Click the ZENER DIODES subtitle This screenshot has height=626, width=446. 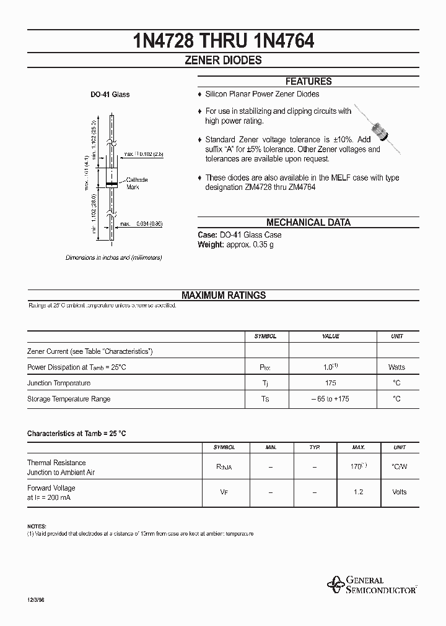tap(224, 61)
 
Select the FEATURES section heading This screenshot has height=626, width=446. tap(308, 81)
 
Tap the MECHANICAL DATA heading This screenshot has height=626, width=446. tap(308, 223)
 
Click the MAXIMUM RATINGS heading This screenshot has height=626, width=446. tap(224, 296)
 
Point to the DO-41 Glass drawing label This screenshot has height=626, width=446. tap(110, 95)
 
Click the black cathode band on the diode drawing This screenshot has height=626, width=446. tap(111, 184)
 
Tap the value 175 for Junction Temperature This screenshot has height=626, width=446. tap(331, 383)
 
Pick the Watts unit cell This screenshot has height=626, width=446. tap(396, 367)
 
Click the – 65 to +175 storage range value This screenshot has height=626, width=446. tap(331, 399)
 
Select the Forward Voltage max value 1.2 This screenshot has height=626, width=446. tap(359, 492)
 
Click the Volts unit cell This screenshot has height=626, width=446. tap(400, 492)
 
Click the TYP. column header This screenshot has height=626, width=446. tap(315, 447)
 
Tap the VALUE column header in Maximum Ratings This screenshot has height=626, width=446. tap(331, 336)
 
